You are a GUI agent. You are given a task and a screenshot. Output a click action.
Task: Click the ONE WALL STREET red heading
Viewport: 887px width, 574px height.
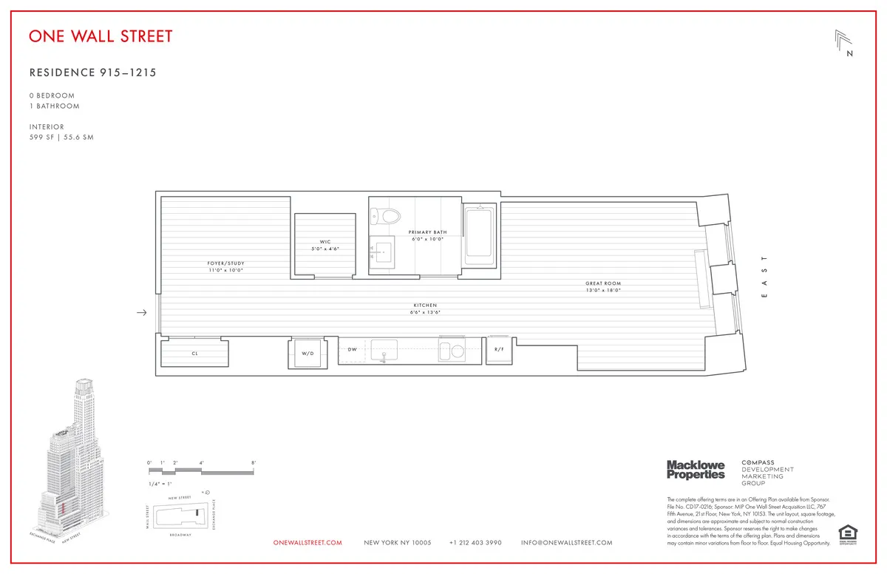(x=101, y=36)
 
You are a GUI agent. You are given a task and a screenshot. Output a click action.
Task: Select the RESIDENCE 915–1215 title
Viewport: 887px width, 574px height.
(x=92, y=72)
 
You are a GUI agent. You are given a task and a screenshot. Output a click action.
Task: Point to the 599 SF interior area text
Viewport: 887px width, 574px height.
(x=61, y=138)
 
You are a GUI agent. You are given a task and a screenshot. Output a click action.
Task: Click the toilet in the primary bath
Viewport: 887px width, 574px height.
(x=385, y=215)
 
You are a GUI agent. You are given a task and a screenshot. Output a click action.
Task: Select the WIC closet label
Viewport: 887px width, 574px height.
(x=324, y=242)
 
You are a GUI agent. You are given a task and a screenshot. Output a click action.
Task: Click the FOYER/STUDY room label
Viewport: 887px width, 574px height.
(x=225, y=263)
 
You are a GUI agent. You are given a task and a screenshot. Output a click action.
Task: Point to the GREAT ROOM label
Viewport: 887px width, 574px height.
(x=603, y=283)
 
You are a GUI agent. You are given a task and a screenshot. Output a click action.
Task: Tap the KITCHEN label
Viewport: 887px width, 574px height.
(x=425, y=305)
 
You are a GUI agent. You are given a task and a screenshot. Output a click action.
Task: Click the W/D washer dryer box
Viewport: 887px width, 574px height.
(x=307, y=354)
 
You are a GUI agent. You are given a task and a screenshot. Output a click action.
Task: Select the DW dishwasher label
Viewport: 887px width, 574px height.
(x=353, y=349)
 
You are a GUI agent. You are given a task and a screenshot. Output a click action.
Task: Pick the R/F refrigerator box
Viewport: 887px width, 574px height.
(x=500, y=349)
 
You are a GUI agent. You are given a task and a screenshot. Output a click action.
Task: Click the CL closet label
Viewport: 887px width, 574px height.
(x=195, y=354)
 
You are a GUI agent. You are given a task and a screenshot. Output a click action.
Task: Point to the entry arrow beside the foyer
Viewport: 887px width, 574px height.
(x=142, y=313)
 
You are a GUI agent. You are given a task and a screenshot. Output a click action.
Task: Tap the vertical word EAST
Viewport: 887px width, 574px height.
(x=765, y=277)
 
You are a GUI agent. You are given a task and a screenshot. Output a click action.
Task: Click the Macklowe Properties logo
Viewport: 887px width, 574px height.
(x=696, y=469)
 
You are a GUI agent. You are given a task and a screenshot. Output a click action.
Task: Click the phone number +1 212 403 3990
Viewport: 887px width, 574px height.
(x=475, y=543)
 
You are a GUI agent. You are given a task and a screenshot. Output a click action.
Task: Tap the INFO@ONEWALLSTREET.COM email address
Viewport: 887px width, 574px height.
(x=567, y=543)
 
